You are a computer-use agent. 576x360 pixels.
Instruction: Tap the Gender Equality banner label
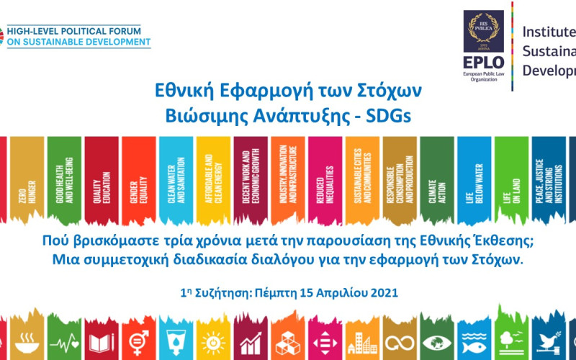pyautogui.click(x=139, y=187)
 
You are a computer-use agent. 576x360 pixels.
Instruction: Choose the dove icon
pyautogui.click(x=549, y=341)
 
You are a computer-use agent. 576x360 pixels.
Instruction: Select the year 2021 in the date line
pyautogui.click(x=381, y=293)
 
